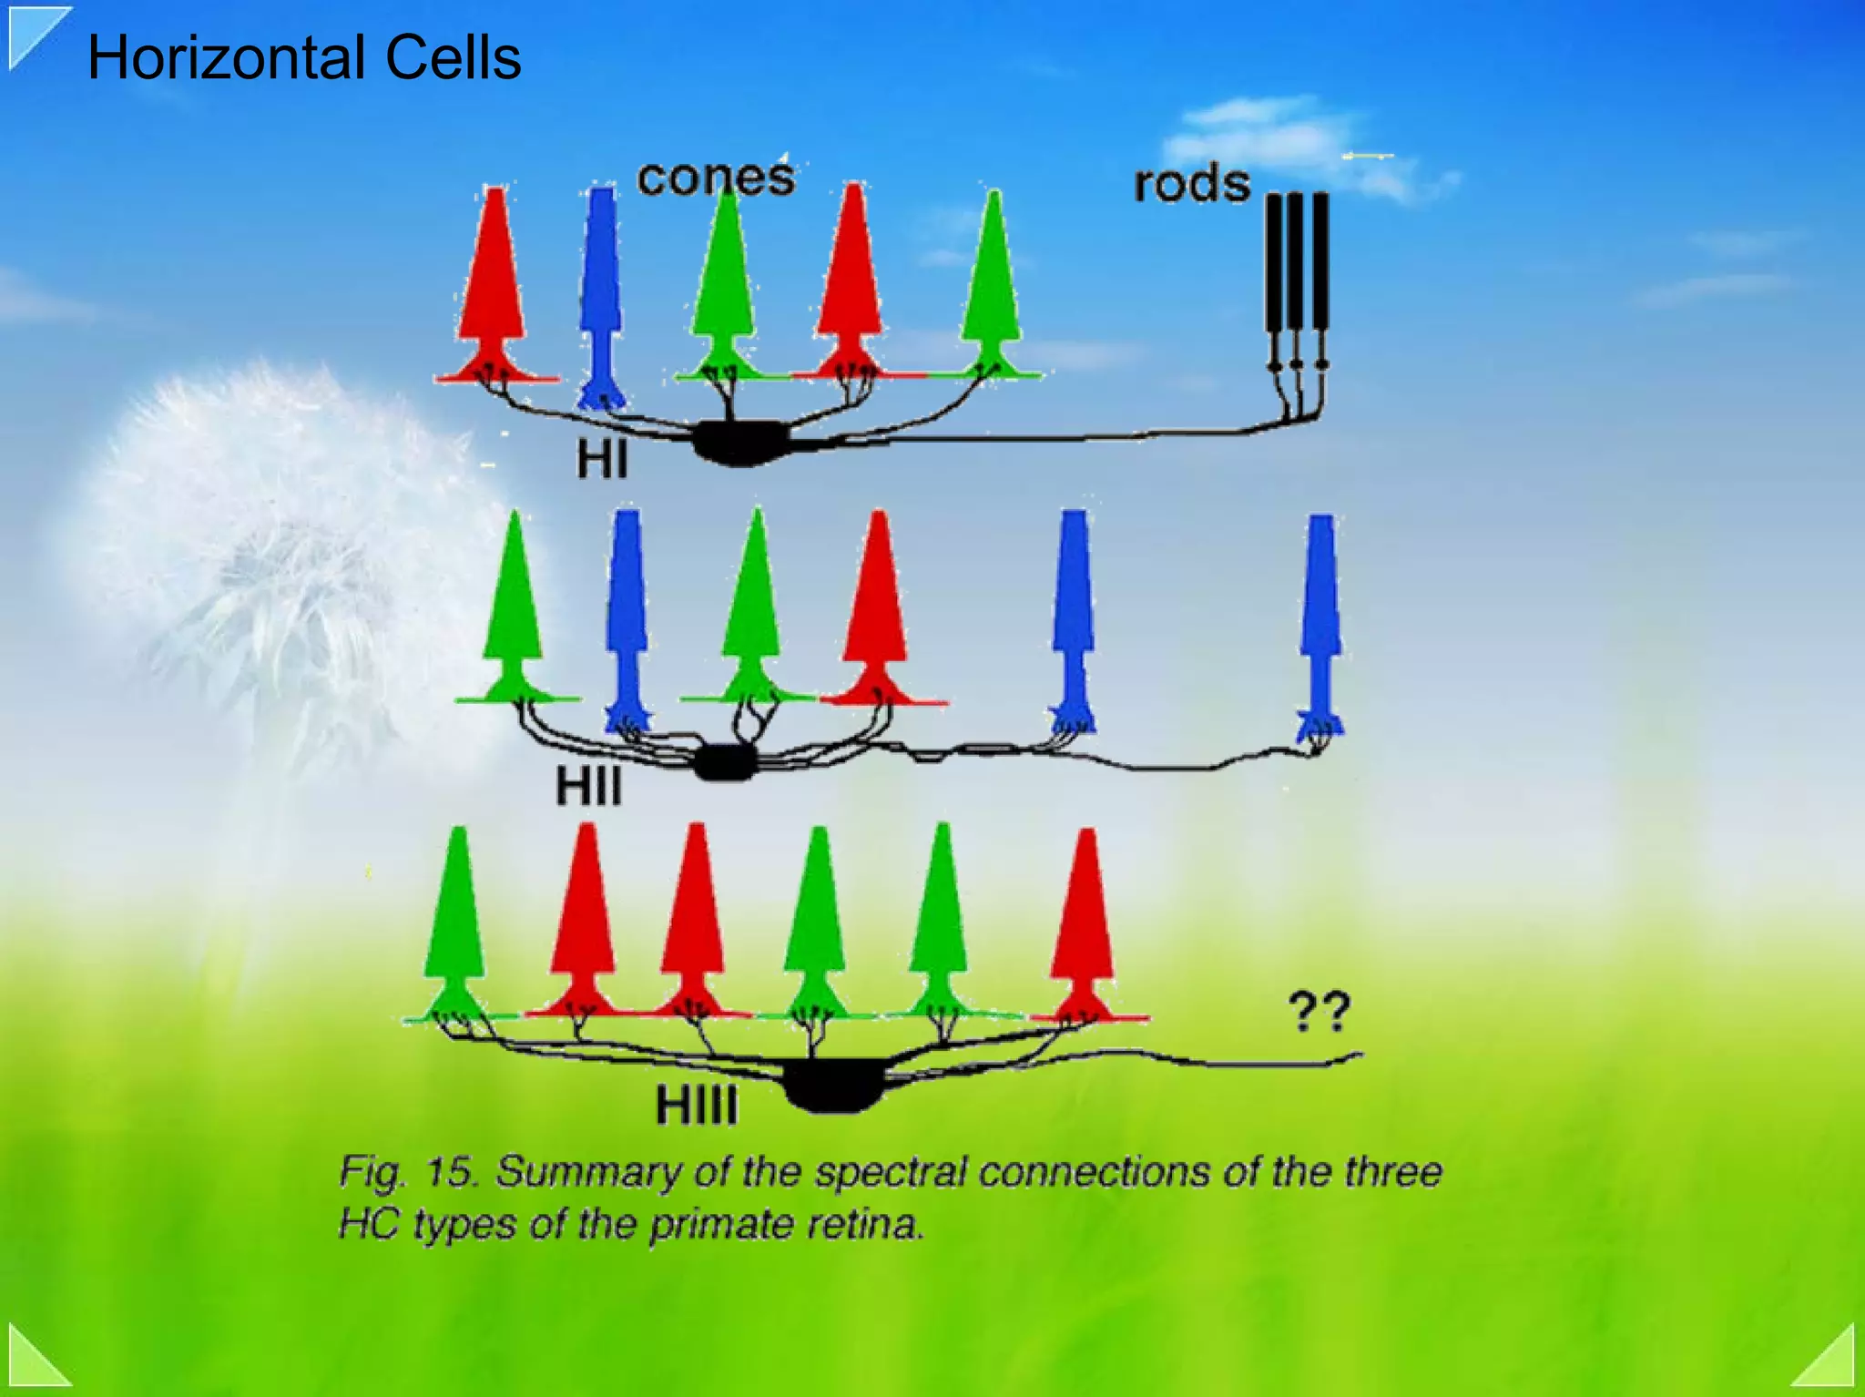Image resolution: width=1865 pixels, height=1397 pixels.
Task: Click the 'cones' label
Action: point(716,178)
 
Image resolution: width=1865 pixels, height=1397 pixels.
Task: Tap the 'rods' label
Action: point(1191,184)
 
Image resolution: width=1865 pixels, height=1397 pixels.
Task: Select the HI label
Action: point(602,460)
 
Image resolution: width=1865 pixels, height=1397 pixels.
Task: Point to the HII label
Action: point(589,786)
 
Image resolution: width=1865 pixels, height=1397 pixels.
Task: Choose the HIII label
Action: point(697,1106)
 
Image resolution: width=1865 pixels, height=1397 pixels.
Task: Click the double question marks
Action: point(1318,1011)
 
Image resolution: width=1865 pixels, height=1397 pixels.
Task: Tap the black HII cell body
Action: point(725,762)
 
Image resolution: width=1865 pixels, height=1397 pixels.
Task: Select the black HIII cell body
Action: point(832,1085)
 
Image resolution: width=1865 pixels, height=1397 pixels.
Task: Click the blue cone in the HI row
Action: point(601,291)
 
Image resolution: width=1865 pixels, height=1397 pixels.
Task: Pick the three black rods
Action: point(1297,273)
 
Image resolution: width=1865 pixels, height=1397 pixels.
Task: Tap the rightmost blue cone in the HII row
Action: point(1320,619)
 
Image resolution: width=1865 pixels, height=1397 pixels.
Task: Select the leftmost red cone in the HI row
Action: point(494,282)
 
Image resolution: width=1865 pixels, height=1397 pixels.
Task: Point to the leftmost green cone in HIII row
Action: point(455,920)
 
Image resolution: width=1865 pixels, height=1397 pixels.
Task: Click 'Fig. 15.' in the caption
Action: point(407,1172)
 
